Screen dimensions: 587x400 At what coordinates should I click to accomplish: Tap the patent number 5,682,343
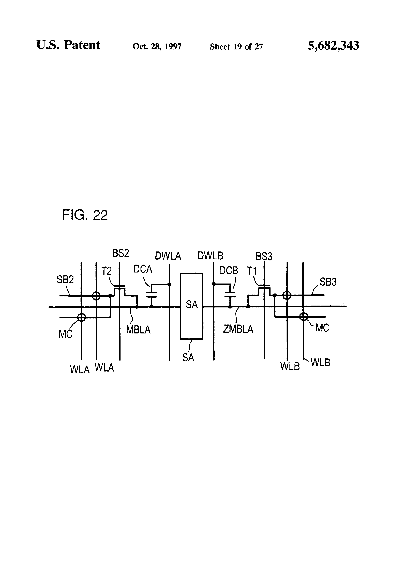click(x=333, y=46)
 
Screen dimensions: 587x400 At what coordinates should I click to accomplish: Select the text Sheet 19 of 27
click(x=236, y=47)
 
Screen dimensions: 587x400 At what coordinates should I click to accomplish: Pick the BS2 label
click(x=121, y=253)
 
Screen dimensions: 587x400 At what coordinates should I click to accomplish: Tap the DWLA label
click(x=168, y=256)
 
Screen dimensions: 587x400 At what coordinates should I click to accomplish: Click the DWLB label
click(x=210, y=256)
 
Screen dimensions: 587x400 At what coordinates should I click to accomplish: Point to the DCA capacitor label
click(x=143, y=269)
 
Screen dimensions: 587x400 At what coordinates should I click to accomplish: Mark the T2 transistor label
click(x=106, y=271)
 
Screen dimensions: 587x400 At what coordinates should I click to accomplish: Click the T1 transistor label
click(x=252, y=271)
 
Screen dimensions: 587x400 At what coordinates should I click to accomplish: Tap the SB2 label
click(x=65, y=280)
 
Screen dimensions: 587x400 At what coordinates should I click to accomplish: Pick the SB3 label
click(x=328, y=282)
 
